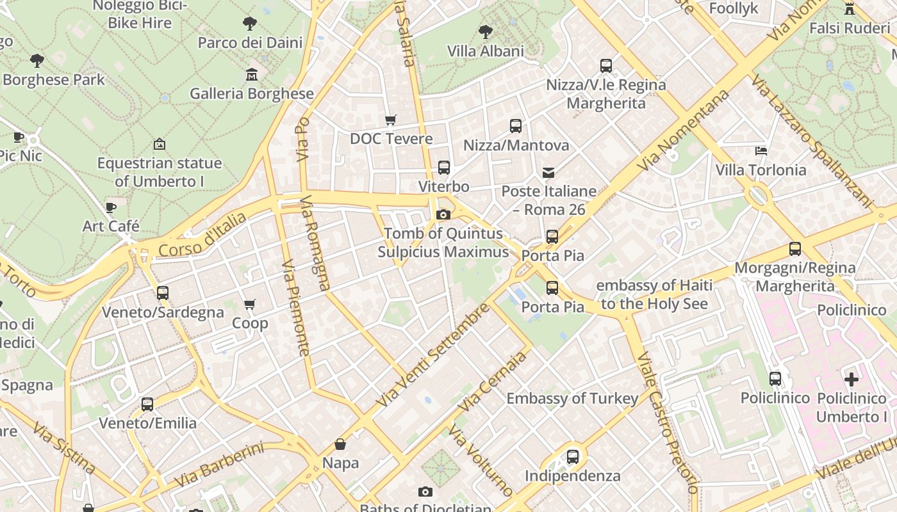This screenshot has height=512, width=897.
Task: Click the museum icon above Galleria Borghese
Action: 252,75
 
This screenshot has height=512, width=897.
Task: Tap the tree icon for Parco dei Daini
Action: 250,24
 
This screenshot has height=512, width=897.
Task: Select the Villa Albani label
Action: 485,51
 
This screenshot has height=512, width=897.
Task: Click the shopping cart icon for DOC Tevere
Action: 390,120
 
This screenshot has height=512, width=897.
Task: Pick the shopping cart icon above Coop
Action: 250,305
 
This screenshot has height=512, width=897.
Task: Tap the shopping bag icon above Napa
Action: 340,444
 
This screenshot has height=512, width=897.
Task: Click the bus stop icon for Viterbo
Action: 443,168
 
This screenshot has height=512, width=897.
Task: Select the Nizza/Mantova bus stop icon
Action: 516,126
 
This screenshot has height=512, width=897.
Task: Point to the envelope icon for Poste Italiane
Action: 548,172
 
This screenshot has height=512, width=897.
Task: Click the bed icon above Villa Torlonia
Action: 761,151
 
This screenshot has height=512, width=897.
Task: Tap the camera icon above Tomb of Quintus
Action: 443,215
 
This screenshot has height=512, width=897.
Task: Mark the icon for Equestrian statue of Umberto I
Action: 160,145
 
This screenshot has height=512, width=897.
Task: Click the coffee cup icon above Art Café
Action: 111,207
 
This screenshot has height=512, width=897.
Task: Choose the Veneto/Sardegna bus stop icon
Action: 163,293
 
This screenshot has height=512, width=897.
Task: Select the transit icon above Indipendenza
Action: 572,457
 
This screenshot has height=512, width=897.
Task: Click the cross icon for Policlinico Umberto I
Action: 851,380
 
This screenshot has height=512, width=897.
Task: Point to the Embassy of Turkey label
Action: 572,399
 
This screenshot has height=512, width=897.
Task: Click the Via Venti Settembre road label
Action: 432,356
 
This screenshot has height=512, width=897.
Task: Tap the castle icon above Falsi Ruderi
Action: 850,9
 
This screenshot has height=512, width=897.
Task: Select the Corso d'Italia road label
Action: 202,236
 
